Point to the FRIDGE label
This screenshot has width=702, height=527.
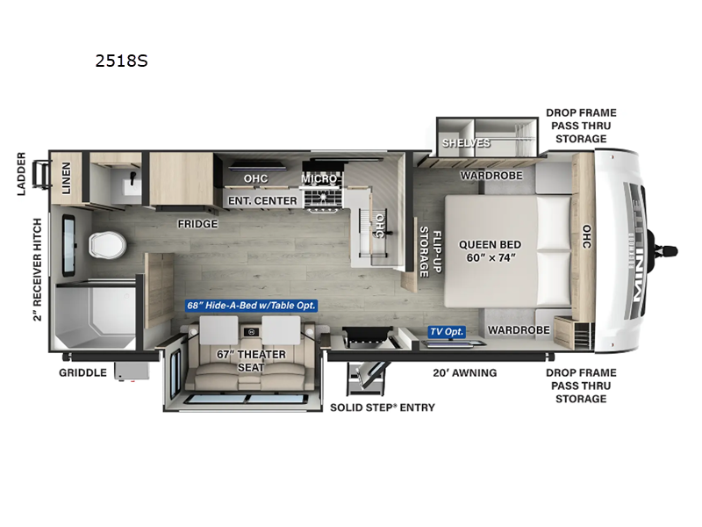point(197,223)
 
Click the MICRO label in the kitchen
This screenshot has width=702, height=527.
point(319,178)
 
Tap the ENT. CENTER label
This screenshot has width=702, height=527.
point(262,200)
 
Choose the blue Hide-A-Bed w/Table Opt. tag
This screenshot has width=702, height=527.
point(251,306)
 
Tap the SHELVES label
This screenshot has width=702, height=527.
point(466,143)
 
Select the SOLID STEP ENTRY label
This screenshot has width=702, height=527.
point(382,408)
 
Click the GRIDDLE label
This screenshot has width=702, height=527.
point(82,372)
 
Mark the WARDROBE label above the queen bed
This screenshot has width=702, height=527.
point(491,176)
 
